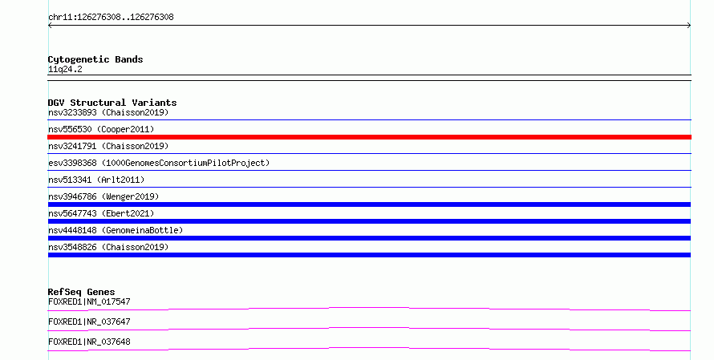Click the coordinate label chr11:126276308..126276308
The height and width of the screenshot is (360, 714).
click(x=111, y=18)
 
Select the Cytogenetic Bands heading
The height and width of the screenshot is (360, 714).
click(x=95, y=59)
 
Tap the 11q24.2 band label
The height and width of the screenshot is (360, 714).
click(x=65, y=69)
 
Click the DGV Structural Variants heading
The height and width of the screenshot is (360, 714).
click(x=112, y=103)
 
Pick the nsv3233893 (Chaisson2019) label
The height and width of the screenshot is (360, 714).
click(x=108, y=112)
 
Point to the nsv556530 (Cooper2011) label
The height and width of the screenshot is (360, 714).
click(x=101, y=129)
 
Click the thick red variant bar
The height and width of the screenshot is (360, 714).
click(x=369, y=137)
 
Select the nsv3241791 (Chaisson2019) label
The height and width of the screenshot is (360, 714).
click(x=108, y=146)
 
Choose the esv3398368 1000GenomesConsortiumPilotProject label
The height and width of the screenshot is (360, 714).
click(x=159, y=163)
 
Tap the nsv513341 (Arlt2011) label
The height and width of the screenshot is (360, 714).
click(x=96, y=180)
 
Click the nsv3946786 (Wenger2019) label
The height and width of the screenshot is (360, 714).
click(x=103, y=196)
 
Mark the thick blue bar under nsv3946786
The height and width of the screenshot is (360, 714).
click(x=369, y=204)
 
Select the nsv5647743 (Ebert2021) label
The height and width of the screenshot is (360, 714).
click(x=101, y=213)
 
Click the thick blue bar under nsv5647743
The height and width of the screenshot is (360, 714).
click(x=369, y=221)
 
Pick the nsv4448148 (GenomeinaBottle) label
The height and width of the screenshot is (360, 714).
click(x=116, y=230)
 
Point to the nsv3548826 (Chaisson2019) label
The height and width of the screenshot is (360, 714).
click(x=108, y=247)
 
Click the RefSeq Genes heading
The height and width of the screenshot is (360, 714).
click(x=82, y=292)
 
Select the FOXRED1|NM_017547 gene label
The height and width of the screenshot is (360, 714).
click(x=89, y=301)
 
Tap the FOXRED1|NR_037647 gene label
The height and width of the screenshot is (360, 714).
click(x=89, y=322)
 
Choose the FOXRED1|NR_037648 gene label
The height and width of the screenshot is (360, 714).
click(x=89, y=342)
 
